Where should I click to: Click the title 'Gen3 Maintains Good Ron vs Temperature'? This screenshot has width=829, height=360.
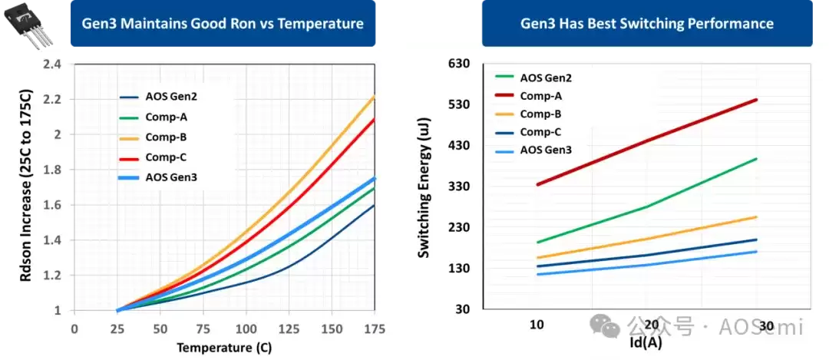(x=223, y=24)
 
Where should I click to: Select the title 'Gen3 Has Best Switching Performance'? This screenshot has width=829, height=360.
(x=647, y=24)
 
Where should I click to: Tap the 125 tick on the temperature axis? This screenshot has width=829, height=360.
(x=289, y=328)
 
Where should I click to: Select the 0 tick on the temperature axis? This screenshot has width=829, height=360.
(x=74, y=328)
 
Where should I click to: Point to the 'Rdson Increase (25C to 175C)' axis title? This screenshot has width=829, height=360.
(x=28, y=187)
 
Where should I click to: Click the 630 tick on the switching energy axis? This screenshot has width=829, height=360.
(x=458, y=64)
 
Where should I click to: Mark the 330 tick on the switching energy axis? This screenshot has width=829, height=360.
(x=458, y=187)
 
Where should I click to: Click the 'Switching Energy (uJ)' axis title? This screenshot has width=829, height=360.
(x=424, y=187)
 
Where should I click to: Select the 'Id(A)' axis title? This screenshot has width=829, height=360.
(x=646, y=342)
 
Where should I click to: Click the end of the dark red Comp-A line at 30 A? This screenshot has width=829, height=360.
(x=757, y=99)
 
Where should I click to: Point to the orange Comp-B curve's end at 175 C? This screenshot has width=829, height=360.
(x=375, y=96)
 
